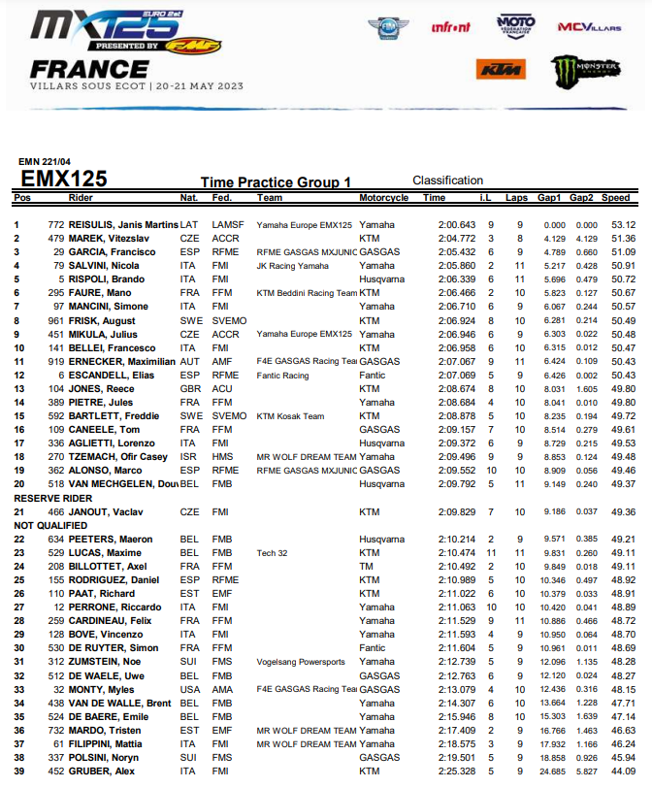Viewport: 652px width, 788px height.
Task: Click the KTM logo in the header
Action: (x=500, y=69)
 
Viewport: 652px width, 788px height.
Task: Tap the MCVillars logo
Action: (x=589, y=26)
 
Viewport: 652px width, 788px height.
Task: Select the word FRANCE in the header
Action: (x=89, y=69)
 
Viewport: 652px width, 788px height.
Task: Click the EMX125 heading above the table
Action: (x=64, y=179)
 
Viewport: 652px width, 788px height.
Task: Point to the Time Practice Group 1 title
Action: (x=276, y=182)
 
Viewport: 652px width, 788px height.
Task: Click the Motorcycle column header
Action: (x=383, y=198)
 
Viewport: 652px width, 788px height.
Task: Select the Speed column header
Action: (x=615, y=198)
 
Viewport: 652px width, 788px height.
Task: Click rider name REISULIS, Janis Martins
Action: (x=123, y=225)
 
